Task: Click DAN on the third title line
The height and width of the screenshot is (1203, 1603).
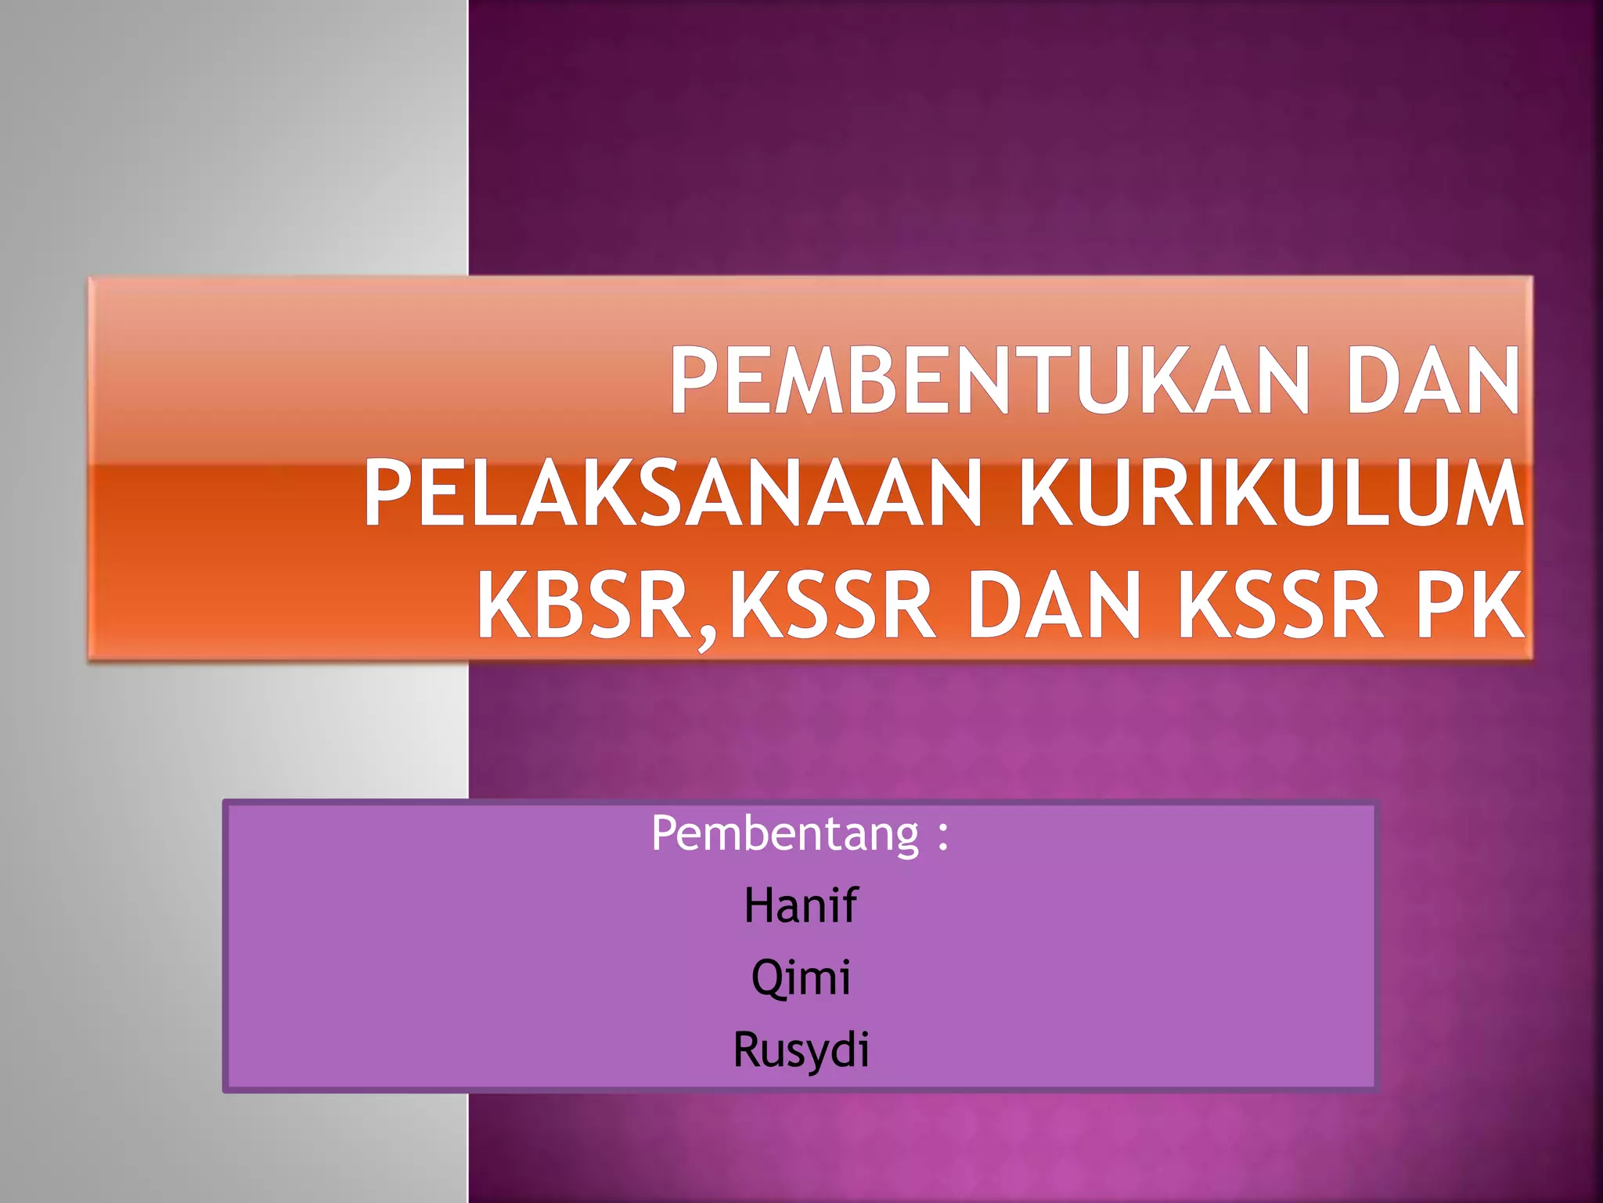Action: [1054, 606]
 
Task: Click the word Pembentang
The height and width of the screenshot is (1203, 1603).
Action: [785, 834]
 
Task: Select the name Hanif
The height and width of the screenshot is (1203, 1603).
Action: [801, 905]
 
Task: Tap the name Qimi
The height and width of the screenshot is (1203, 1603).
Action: [801, 978]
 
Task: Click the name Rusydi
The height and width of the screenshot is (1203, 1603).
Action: [801, 1049]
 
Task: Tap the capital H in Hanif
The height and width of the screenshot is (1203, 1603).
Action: [759, 906]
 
